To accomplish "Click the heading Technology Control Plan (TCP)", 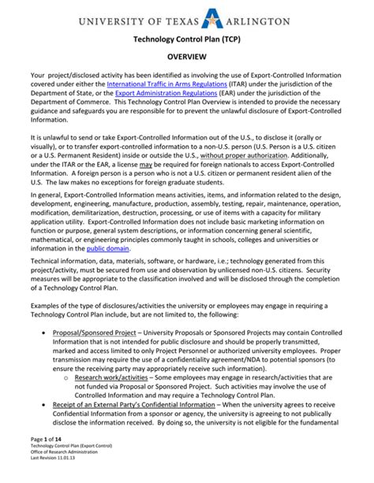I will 186,38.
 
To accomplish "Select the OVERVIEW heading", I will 186,58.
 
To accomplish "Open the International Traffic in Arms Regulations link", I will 167,83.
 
